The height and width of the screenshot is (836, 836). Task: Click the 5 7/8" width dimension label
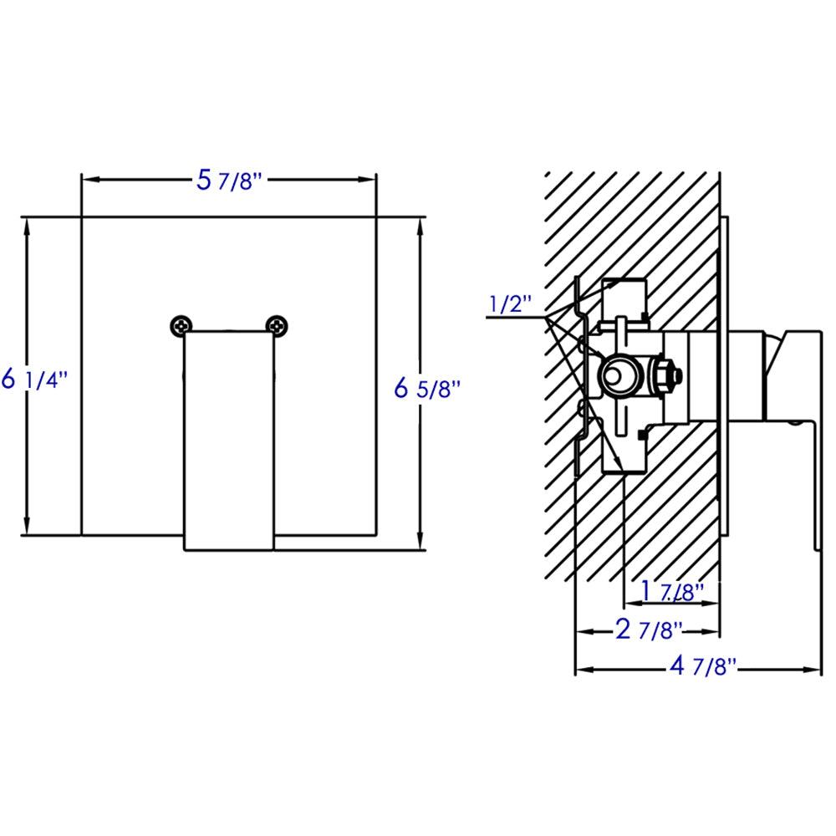click(x=229, y=180)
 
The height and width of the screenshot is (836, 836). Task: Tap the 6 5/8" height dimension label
click(x=427, y=388)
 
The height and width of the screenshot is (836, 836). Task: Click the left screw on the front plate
click(x=180, y=325)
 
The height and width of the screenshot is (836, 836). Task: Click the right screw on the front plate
click(x=277, y=325)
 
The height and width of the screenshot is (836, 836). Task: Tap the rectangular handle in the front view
click(x=229, y=439)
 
